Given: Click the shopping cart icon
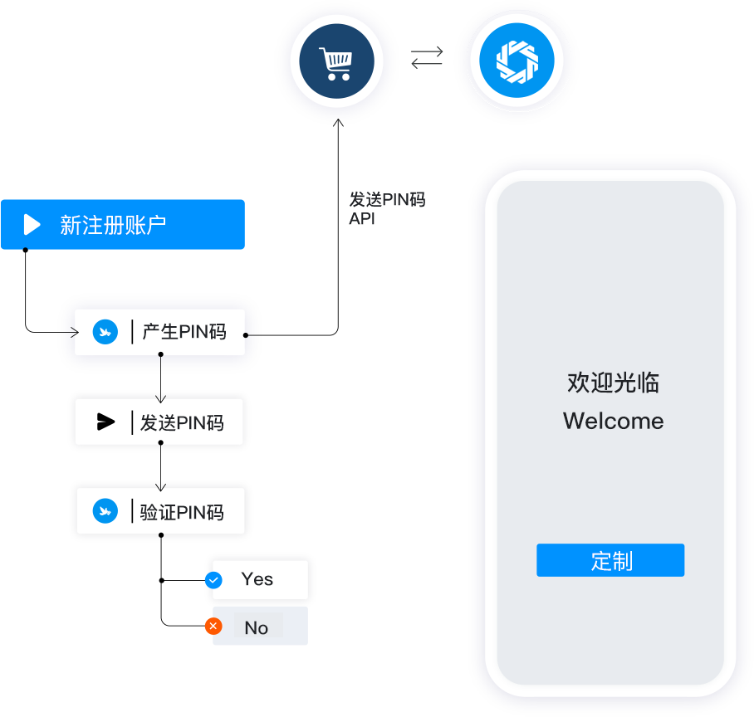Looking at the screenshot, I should coord(336,63).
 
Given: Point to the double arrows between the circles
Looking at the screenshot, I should coord(427,56).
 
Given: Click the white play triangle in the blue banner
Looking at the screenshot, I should coord(32,225).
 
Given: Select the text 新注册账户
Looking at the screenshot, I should coord(113,225).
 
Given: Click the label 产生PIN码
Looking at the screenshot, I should coord(184,332).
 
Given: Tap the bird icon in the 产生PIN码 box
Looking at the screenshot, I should coord(105,333).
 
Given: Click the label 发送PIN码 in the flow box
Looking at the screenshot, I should coord(182,422).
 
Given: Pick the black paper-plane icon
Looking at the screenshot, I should coord(105,422).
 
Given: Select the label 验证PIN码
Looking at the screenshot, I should coord(182,512).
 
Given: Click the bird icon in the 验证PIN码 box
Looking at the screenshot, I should coord(105,511).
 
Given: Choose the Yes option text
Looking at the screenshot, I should coord(257,579).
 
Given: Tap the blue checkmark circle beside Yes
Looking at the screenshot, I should coord(213,580).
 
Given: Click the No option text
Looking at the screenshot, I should coord(256,628).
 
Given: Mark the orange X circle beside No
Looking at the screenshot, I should coord(213,627).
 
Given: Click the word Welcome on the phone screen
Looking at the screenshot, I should coord(613,421).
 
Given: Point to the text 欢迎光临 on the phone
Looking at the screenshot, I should coord(613,383).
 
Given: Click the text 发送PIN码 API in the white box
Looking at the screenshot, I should coord(386,208).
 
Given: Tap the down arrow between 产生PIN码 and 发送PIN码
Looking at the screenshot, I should coord(161,396).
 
